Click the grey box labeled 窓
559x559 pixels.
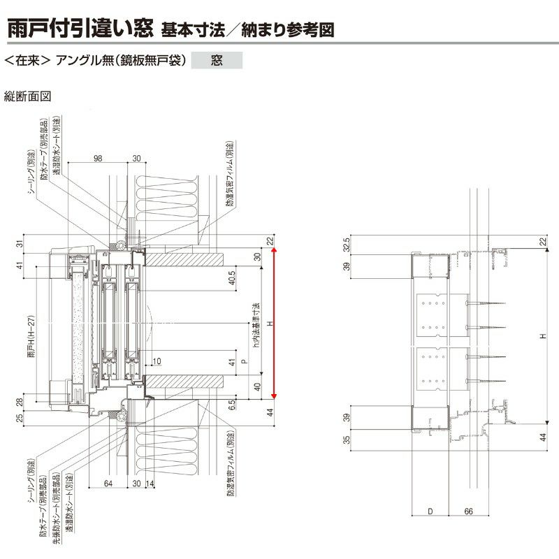(x=217, y=61)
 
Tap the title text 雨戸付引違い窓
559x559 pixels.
(x=80, y=30)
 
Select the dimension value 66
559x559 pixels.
(x=469, y=511)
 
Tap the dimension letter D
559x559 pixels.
(x=430, y=511)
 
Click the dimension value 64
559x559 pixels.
(x=108, y=484)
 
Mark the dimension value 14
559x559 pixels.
(x=150, y=484)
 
